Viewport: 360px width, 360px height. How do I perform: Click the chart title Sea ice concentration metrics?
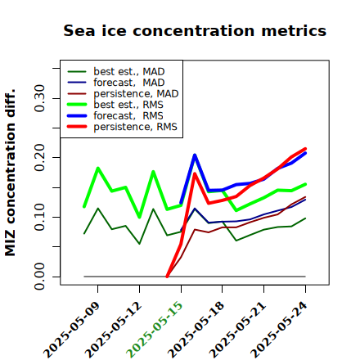(x=195, y=30)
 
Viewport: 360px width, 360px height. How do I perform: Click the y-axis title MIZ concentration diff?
(x=10, y=173)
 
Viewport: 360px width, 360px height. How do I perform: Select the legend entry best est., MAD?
(x=116, y=71)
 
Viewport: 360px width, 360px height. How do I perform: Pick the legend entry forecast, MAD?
(x=116, y=83)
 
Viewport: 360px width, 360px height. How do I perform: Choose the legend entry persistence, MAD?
(x=123, y=93)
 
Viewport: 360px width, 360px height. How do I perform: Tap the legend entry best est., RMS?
(x=115, y=105)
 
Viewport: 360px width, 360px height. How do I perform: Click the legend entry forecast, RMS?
(x=115, y=115)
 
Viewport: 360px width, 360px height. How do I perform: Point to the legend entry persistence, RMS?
(x=123, y=127)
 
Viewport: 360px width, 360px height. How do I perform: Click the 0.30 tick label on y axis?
(x=39, y=98)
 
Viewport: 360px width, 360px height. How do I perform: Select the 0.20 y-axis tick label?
(x=39, y=158)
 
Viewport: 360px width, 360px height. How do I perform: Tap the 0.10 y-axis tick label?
(x=39, y=217)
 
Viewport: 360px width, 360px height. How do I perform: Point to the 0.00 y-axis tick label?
(x=39, y=277)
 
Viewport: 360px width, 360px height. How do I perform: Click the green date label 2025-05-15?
(x=155, y=330)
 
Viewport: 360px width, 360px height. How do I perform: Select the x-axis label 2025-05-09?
(x=71, y=330)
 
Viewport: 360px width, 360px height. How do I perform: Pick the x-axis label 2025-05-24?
(x=279, y=330)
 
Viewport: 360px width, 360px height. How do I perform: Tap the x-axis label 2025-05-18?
(x=196, y=330)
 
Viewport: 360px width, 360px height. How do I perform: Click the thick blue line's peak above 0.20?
(x=195, y=155)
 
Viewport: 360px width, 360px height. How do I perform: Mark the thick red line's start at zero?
(x=167, y=277)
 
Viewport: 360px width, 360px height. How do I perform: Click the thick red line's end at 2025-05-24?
(x=305, y=149)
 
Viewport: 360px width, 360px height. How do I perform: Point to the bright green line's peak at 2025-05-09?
(x=98, y=168)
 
